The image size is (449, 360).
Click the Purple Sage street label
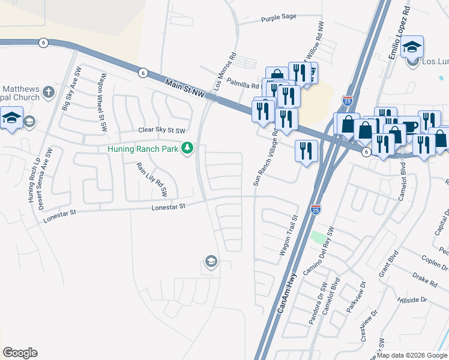tap(279, 17)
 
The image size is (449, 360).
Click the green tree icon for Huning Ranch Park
tap(188, 148)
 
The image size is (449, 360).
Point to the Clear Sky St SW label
tap(162, 130)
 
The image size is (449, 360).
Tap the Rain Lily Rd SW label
tap(151, 181)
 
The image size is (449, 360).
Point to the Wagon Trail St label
tap(289, 236)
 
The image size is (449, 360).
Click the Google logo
tap(20, 353)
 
